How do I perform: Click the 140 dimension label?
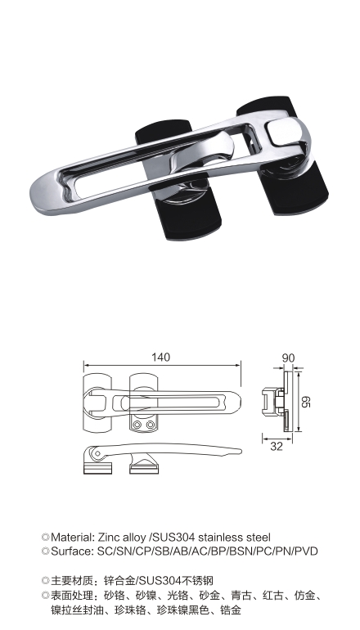161,357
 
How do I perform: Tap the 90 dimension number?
289,358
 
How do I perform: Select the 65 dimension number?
306,402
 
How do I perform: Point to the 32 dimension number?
276,446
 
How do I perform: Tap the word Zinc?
109,538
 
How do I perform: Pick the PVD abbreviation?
306,551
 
